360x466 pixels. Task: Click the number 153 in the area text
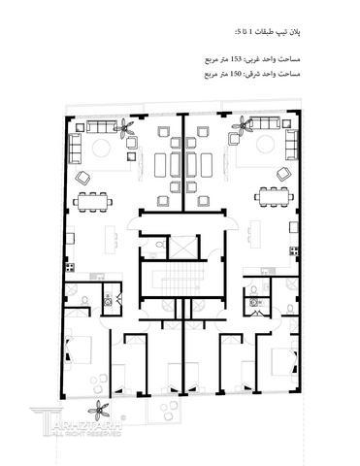click(233, 60)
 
